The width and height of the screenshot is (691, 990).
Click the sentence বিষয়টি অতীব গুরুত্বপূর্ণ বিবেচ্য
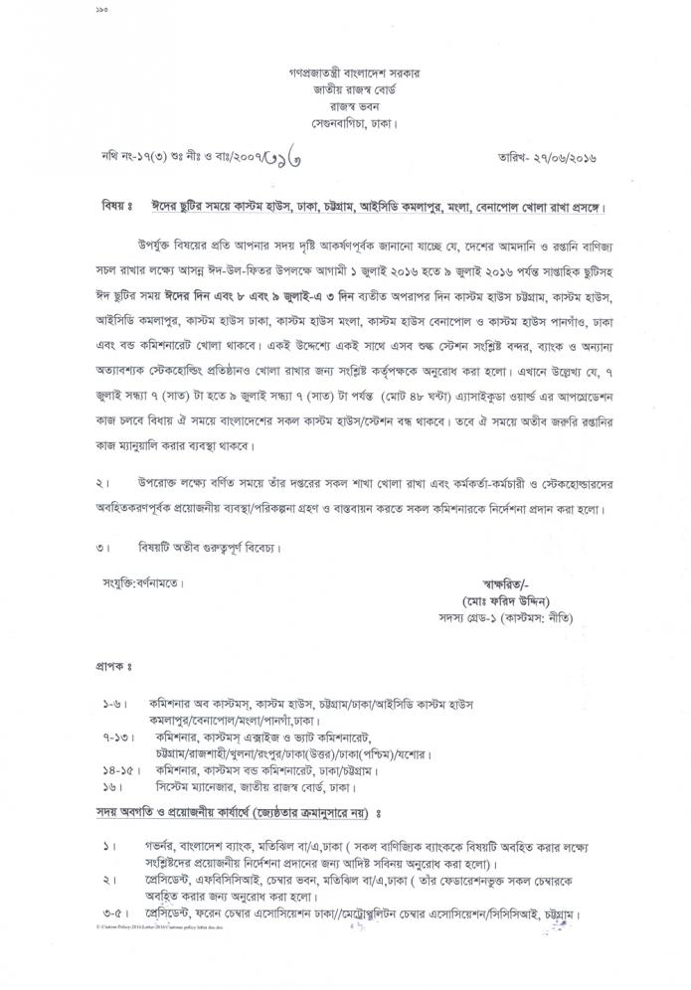211,546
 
